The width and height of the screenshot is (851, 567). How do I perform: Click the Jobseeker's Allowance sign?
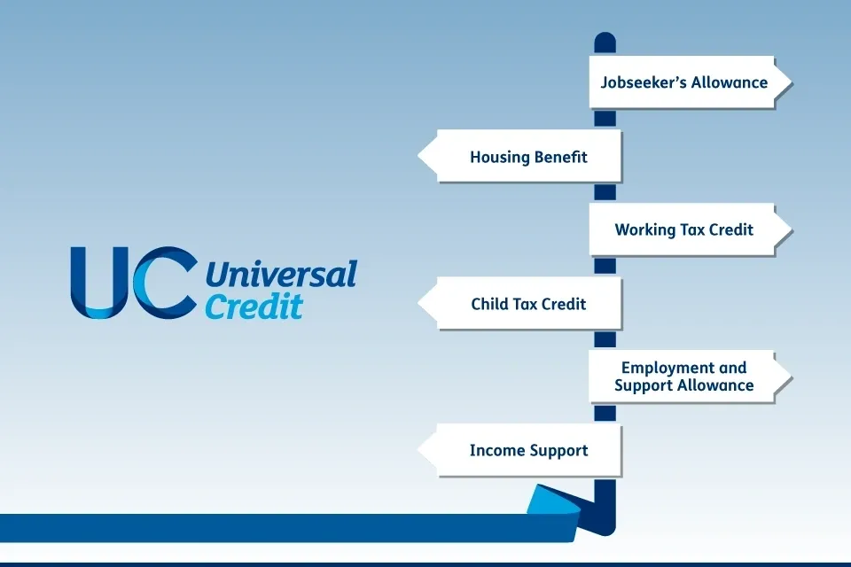690,82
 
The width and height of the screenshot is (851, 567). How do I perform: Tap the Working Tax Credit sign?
690,229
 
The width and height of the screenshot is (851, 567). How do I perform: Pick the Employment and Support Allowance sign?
690,377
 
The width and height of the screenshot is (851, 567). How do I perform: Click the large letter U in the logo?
100,283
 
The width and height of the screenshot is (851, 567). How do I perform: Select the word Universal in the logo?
281,274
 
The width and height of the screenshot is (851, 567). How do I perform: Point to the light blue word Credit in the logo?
254,306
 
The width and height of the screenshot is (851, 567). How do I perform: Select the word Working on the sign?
637,230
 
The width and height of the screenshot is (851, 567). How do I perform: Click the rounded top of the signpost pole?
605,38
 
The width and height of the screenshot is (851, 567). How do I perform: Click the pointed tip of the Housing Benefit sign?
418,156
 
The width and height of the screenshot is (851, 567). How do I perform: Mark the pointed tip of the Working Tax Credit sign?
792,229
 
